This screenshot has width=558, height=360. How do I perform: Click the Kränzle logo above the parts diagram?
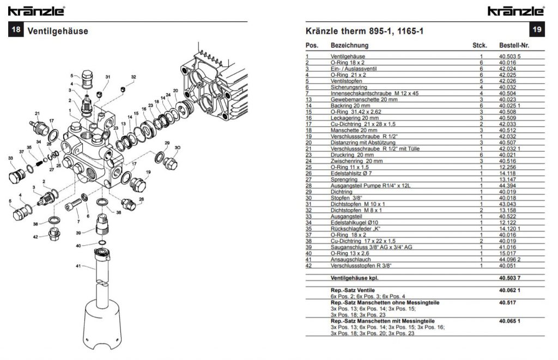tap(37, 11)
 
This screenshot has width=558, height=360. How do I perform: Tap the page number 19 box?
tap(537, 29)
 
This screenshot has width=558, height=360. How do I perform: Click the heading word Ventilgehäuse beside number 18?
tap(58, 31)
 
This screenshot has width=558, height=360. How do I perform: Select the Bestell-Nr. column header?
tap(514, 45)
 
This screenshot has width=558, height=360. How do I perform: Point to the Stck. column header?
tap(480, 45)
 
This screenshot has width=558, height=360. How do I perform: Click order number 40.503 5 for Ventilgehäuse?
tap(510, 56)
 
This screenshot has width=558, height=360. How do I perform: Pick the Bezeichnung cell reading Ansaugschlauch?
tap(350, 259)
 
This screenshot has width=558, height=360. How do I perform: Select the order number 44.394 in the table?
tap(507, 185)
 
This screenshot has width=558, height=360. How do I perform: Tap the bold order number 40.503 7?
tap(510, 278)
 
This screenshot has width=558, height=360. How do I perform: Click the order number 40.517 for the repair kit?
tap(507, 302)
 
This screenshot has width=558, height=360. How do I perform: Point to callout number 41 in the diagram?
tap(78, 266)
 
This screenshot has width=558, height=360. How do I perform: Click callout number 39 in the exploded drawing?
tap(78, 233)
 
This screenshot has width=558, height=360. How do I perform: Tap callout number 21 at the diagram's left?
tap(38, 113)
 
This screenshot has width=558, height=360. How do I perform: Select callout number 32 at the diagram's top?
tap(134, 77)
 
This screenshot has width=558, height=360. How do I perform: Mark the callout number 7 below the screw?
tap(78, 222)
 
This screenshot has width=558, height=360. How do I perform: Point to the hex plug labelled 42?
tap(54, 234)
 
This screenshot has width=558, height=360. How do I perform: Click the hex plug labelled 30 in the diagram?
tap(170, 162)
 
